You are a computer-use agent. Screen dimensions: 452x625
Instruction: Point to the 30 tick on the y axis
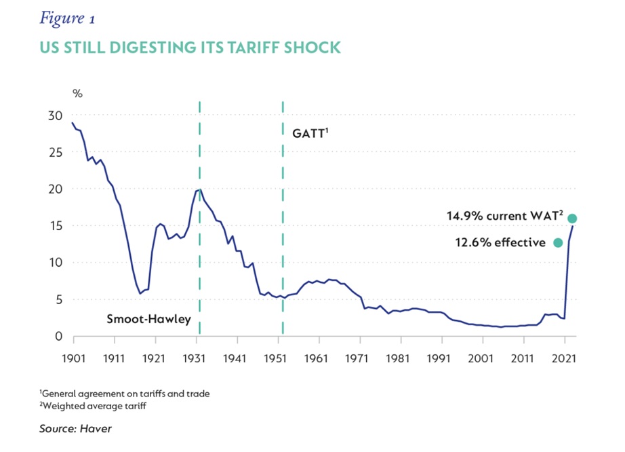click(x=55, y=115)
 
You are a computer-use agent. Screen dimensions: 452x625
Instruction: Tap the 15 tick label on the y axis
click(x=55, y=226)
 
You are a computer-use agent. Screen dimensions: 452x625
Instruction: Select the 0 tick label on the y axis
click(x=58, y=337)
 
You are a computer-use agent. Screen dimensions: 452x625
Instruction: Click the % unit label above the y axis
click(x=77, y=93)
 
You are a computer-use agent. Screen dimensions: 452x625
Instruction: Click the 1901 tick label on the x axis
click(x=73, y=356)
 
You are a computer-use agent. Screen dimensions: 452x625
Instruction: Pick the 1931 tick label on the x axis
click(x=196, y=356)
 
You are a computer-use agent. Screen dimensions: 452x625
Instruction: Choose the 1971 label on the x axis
click(x=359, y=356)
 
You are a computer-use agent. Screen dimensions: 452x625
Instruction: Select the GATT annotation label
click(x=310, y=134)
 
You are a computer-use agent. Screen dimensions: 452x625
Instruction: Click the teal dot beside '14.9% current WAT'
click(x=572, y=219)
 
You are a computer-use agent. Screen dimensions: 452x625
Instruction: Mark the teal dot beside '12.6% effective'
click(x=558, y=243)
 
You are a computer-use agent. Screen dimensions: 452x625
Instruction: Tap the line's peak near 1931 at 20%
click(x=199, y=189)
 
